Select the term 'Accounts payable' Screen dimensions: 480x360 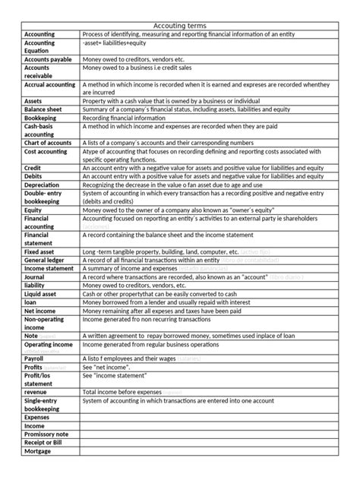pyautogui.click(x=48, y=59)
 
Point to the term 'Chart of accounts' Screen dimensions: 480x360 pyautogui.click(x=50, y=143)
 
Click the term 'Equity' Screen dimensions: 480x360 pyautogui.click(x=33, y=210)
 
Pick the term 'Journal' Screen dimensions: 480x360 pyautogui.click(x=35, y=276)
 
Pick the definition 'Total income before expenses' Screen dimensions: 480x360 pyautogui.click(x=129, y=392)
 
